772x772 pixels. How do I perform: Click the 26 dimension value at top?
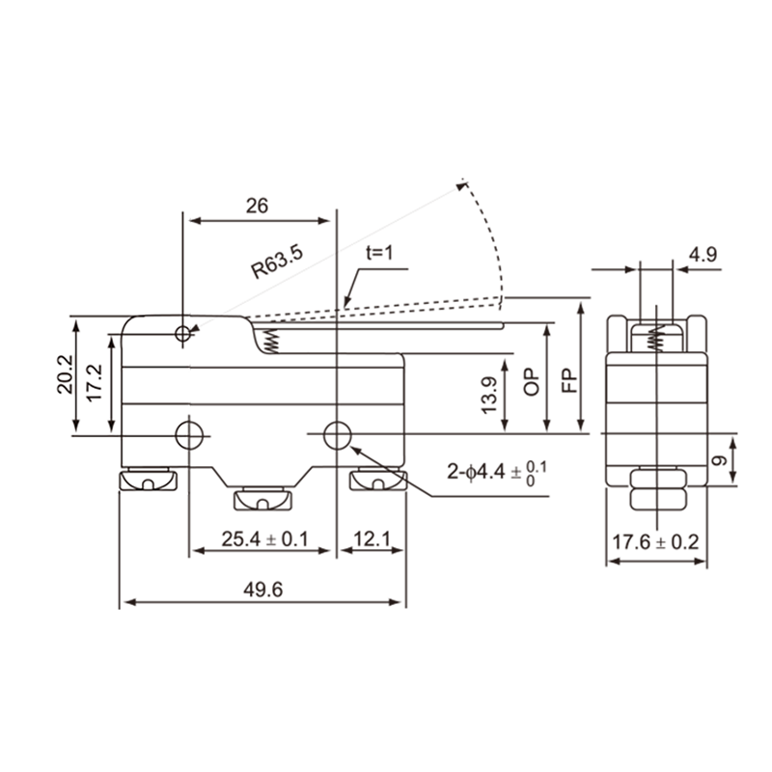pyautogui.click(x=256, y=206)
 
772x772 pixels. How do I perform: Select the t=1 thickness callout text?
pyautogui.click(x=381, y=252)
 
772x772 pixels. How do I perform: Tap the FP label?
pyautogui.click(x=568, y=378)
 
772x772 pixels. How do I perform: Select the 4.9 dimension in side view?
pyautogui.click(x=702, y=256)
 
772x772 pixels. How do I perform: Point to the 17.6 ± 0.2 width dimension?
pyautogui.click(x=655, y=542)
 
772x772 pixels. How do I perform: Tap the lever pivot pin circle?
pyautogui.click(x=184, y=333)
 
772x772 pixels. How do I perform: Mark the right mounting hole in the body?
pyautogui.click(x=335, y=434)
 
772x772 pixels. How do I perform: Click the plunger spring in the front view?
pyautogui.click(x=271, y=341)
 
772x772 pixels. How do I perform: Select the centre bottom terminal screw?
pyautogui.click(x=262, y=499)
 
